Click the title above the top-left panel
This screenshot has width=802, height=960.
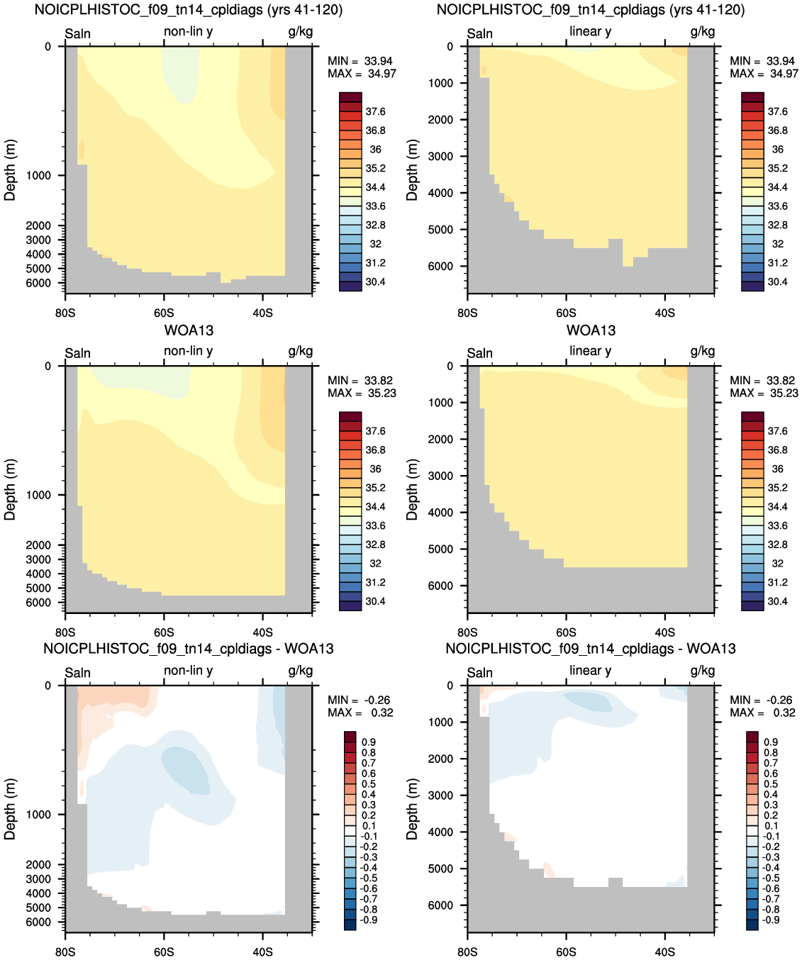click(x=189, y=10)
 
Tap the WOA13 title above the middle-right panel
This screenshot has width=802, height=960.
click(x=591, y=330)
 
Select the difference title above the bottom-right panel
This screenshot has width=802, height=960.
click(x=591, y=649)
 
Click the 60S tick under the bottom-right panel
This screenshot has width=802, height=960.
click(x=566, y=951)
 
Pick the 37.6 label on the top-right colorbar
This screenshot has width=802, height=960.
click(x=777, y=112)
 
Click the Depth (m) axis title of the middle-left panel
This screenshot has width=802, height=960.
click(x=10, y=490)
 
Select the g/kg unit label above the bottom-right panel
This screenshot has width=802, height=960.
click(x=702, y=671)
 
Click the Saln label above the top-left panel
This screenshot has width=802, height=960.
click(x=78, y=33)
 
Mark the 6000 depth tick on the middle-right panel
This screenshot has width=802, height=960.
click(x=443, y=586)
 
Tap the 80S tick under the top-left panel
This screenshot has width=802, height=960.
click(x=65, y=313)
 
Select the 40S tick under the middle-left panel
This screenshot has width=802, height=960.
click(x=262, y=632)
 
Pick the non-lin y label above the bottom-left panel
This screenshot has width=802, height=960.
click(x=188, y=670)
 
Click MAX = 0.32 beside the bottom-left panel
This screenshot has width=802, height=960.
click(x=360, y=713)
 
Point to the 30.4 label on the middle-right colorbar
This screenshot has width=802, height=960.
click(x=777, y=601)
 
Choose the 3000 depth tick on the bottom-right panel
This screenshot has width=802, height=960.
click(x=443, y=796)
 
